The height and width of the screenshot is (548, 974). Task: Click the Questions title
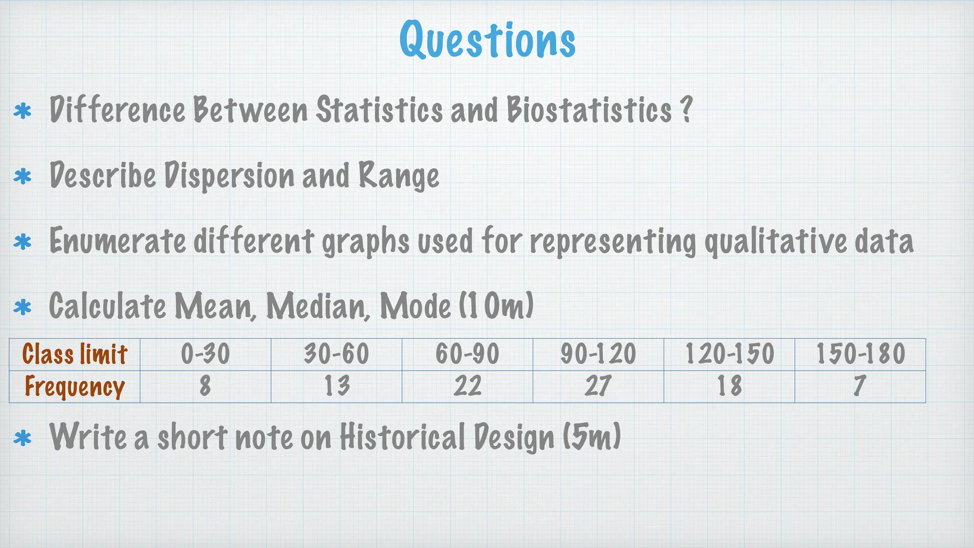click(x=487, y=40)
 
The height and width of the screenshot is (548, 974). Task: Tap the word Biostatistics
click(x=589, y=110)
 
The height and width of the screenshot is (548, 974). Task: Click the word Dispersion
click(x=229, y=176)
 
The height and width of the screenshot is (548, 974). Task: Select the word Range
click(x=399, y=176)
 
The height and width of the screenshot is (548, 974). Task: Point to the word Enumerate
click(x=117, y=241)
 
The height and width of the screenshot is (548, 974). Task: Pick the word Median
click(x=318, y=305)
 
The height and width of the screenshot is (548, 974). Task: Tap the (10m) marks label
click(x=496, y=305)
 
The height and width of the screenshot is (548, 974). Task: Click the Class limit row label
click(x=75, y=354)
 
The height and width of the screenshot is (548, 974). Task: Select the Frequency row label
click(x=75, y=386)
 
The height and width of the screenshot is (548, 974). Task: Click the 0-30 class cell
click(x=205, y=354)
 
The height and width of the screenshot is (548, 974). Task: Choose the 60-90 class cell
click(x=468, y=354)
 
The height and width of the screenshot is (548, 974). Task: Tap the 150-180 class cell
click(x=860, y=354)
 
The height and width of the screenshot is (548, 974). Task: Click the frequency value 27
click(x=598, y=386)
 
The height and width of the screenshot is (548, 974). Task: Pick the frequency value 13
click(x=337, y=386)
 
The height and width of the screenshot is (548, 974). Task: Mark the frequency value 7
click(x=859, y=386)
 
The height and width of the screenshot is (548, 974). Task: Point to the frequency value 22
click(x=468, y=386)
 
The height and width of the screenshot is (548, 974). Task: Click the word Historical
click(x=402, y=437)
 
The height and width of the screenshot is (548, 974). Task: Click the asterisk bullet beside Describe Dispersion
click(x=22, y=177)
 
